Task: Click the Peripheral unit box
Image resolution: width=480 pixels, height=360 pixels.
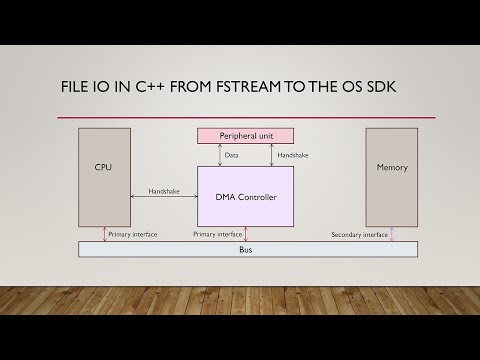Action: tap(246, 136)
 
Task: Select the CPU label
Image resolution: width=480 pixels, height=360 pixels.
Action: tap(104, 167)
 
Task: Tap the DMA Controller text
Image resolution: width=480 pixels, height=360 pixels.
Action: tap(246, 197)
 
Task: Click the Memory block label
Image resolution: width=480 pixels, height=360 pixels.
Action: tap(391, 167)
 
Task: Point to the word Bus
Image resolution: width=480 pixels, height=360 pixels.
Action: tap(246, 249)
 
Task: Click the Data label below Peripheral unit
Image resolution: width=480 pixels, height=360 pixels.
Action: tap(231, 156)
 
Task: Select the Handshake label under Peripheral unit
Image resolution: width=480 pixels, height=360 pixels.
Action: tap(293, 156)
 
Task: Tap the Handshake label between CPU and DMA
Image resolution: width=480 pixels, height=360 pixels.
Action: tap(164, 190)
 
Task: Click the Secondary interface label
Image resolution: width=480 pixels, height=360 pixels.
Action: tap(359, 235)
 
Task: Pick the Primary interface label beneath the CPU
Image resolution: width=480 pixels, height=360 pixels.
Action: tap(132, 235)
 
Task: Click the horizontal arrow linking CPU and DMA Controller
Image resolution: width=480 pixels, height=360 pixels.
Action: tap(163, 197)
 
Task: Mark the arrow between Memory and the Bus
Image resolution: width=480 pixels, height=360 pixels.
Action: tap(391, 234)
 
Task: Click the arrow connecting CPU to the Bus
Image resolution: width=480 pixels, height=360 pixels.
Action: tap(104, 234)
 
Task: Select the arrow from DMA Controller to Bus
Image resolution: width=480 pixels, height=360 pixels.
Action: tap(246, 234)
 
